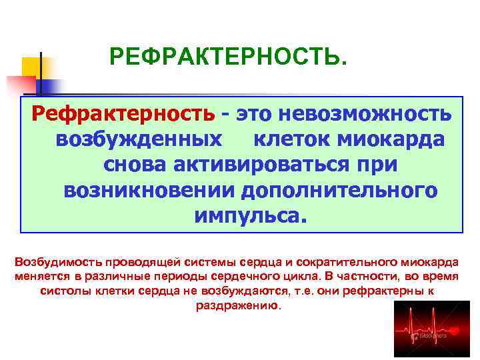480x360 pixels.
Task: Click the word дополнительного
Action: pyautogui.click(x=339, y=191)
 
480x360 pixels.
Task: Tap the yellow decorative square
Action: pyautogui.click(x=31, y=67)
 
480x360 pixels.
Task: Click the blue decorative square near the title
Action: pyautogui.click(x=50, y=85)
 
